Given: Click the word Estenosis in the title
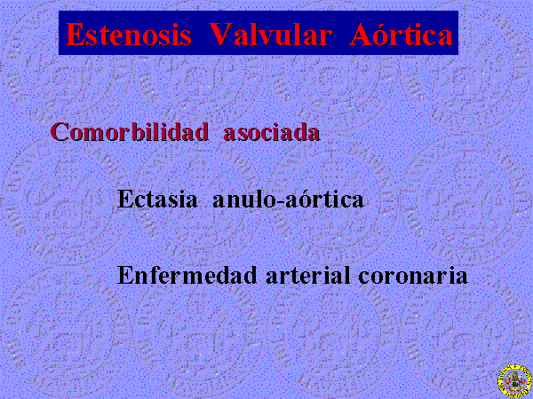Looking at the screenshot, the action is click(x=129, y=35).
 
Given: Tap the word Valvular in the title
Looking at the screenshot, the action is click(x=270, y=35).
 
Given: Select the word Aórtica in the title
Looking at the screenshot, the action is click(x=402, y=34).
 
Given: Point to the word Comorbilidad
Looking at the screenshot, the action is click(x=129, y=131).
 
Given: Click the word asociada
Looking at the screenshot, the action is click(x=272, y=132).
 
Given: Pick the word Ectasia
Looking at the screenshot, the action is click(x=157, y=199).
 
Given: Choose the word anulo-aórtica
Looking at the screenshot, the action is click(x=288, y=199).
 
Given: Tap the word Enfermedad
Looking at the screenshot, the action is click(x=187, y=275).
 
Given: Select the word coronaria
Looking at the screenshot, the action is click(x=413, y=275).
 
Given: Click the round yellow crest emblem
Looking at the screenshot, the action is click(x=515, y=381).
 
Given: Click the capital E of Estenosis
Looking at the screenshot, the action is click(x=75, y=35).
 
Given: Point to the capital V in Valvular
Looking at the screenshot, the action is click(x=221, y=35).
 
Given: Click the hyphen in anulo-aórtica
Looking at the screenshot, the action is click(x=280, y=201).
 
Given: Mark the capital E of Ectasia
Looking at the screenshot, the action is click(x=124, y=199).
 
